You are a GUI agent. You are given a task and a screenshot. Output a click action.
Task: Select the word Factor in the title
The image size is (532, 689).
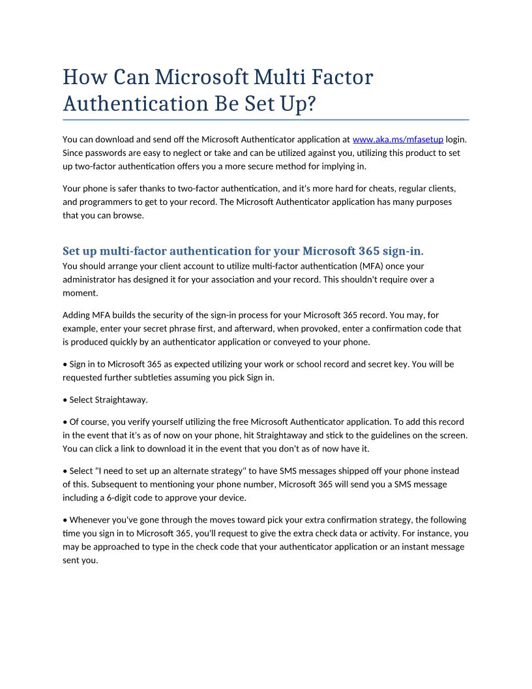(342, 77)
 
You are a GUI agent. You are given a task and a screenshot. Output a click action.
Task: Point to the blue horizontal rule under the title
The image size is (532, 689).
(266, 120)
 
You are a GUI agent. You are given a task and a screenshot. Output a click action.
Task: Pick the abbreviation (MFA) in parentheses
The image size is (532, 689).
(371, 266)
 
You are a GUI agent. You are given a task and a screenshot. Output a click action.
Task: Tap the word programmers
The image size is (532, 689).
(100, 202)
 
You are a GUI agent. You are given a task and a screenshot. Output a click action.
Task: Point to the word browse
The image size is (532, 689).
(130, 215)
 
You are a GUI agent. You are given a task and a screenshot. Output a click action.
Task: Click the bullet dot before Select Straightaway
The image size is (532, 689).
(65, 399)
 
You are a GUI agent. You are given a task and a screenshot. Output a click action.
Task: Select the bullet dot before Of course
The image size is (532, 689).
(65, 421)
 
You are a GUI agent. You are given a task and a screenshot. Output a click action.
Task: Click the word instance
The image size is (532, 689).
(431, 533)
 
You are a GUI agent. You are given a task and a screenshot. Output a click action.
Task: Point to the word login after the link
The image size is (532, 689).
(456, 139)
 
